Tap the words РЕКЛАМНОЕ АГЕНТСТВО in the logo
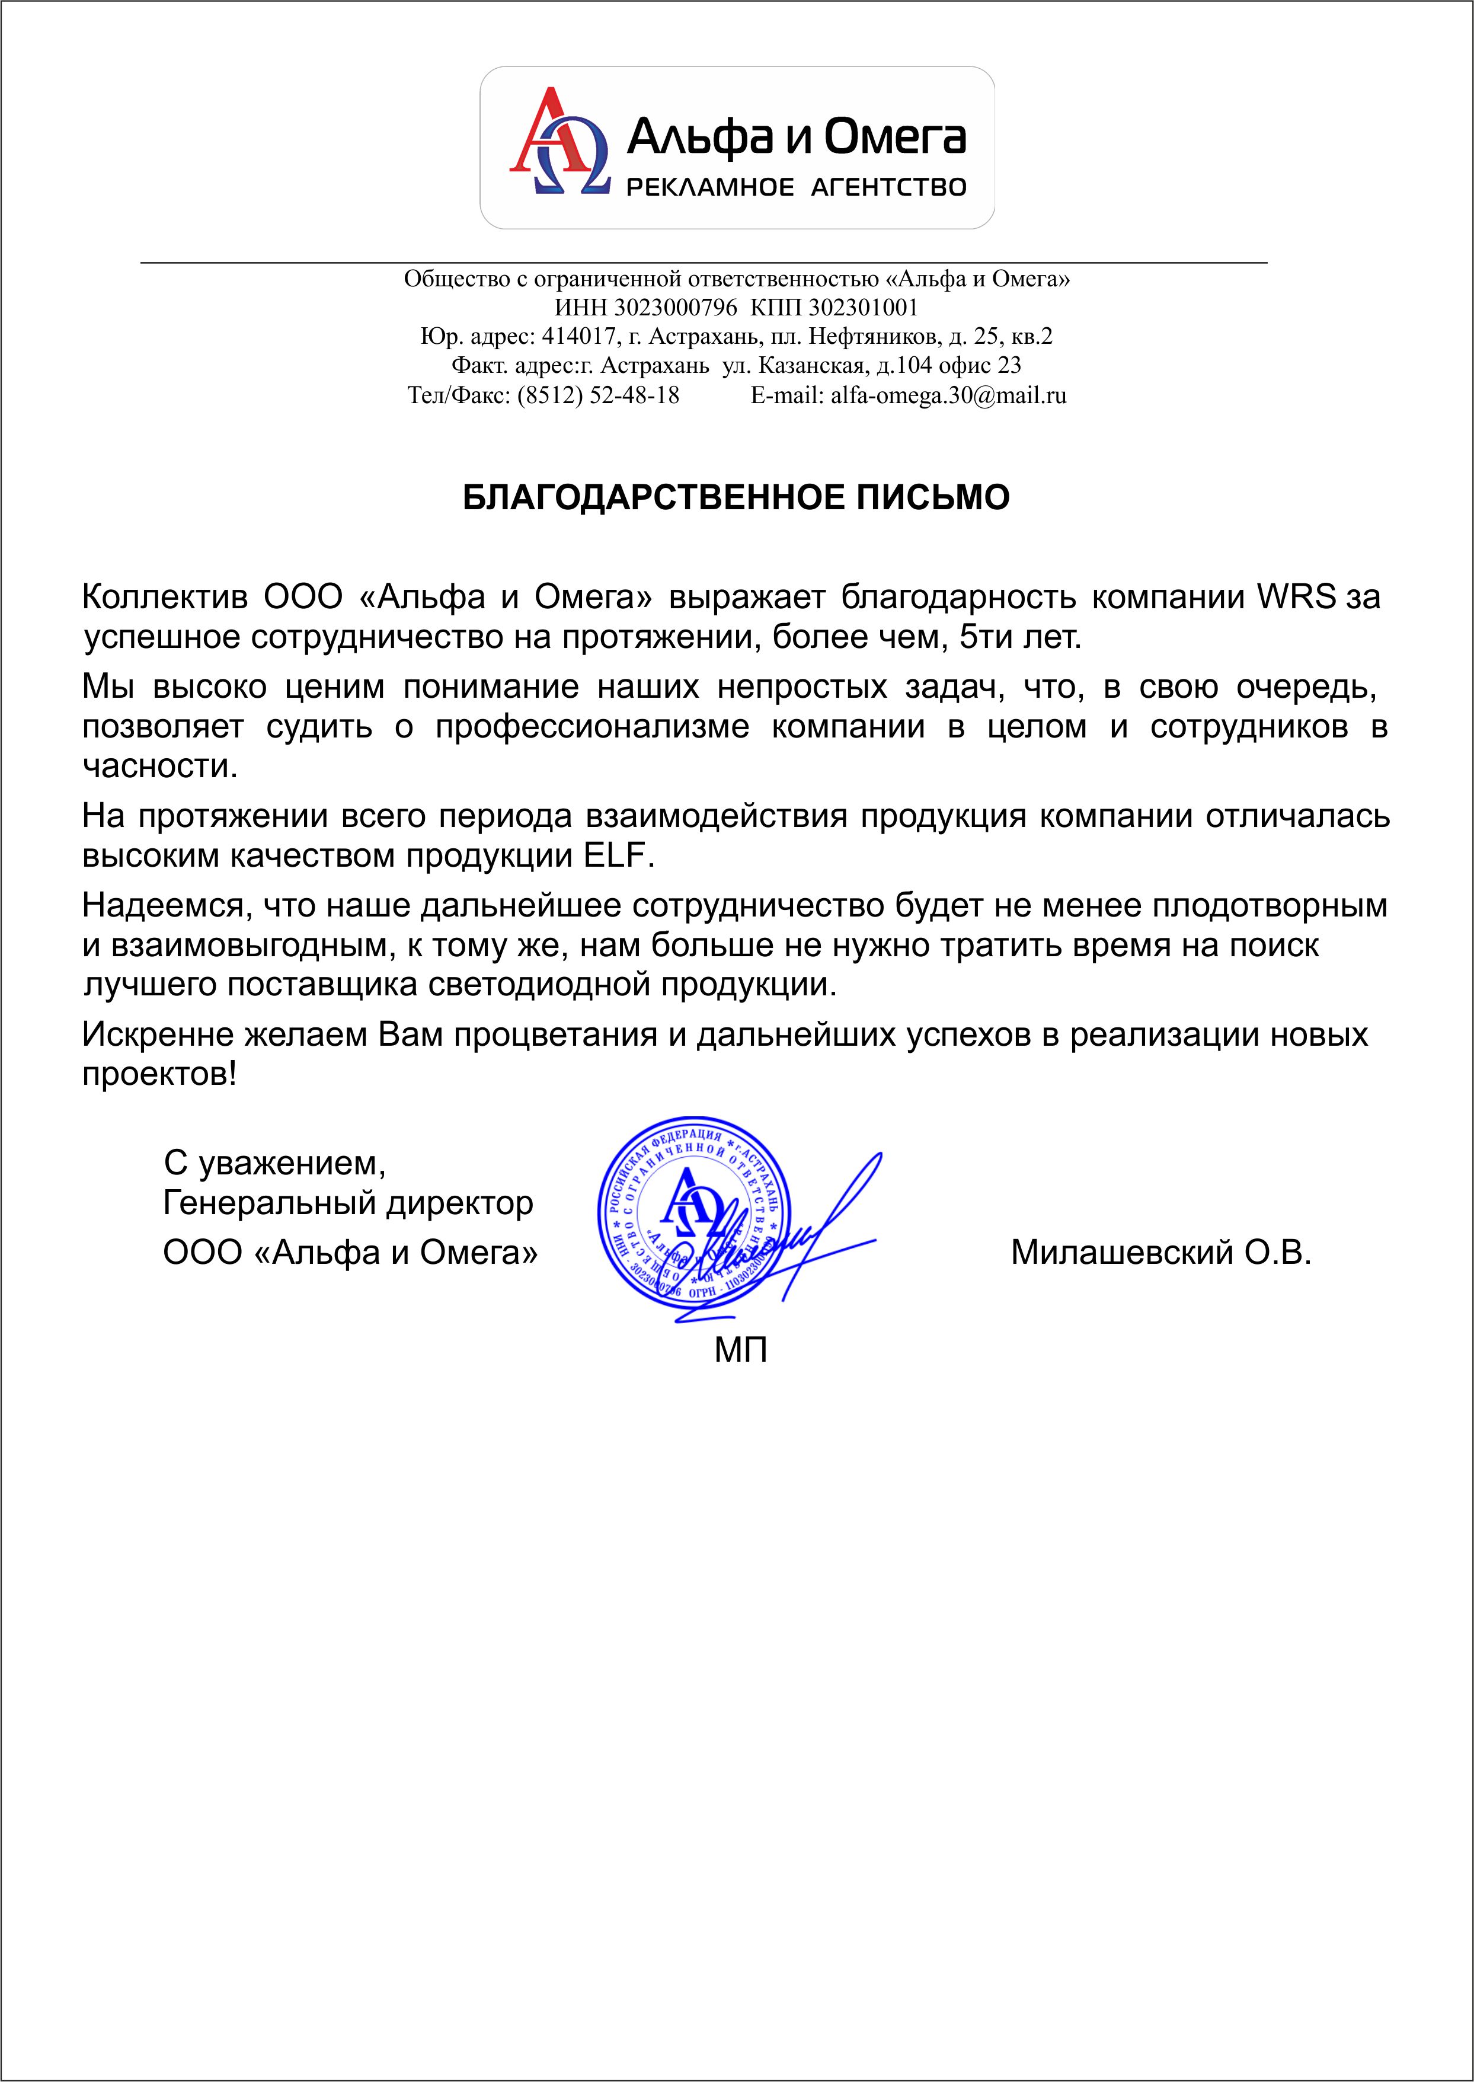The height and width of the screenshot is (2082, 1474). click(x=796, y=188)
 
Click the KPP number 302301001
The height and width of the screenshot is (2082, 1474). click(x=863, y=308)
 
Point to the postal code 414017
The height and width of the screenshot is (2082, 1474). click(x=579, y=337)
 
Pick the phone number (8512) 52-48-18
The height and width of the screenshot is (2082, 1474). click(x=598, y=395)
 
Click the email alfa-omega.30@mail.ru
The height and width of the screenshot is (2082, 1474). click(x=948, y=395)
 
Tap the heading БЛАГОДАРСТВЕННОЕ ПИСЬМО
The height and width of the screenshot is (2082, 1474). click(x=736, y=498)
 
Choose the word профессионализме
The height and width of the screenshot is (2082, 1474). click(x=591, y=727)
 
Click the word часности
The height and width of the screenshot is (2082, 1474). click(x=160, y=767)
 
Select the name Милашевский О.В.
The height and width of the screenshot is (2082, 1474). click(x=1161, y=1253)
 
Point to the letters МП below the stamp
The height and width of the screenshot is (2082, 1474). click(x=741, y=1350)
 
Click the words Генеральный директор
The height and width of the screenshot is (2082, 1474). click(x=348, y=1203)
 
